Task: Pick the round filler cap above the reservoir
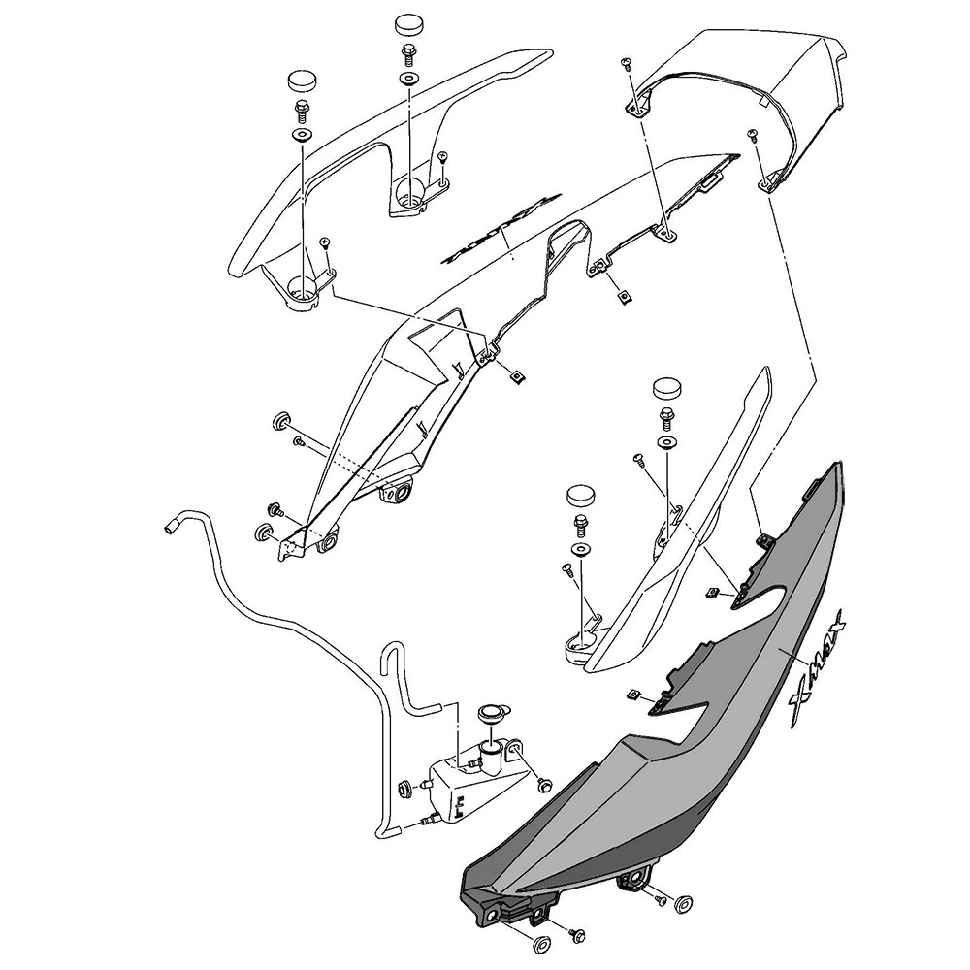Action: (x=489, y=715)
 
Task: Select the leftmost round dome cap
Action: (x=302, y=79)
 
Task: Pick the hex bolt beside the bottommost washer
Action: (x=578, y=935)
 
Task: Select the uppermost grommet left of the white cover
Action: (x=279, y=420)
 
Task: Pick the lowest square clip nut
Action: (x=632, y=694)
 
